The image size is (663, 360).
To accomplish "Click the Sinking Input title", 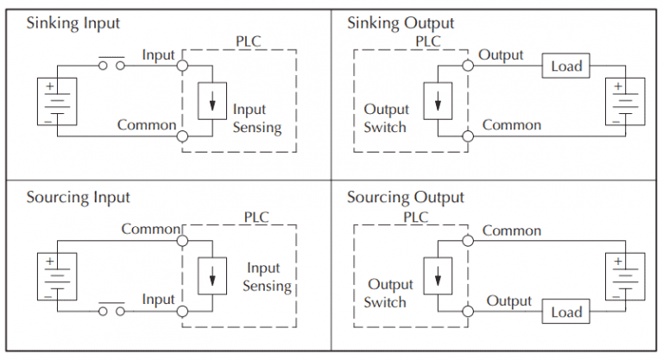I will click(x=73, y=23).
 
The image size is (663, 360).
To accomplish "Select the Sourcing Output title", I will click(x=405, y=199).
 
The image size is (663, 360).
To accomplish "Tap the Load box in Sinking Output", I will click(x=566, y=66).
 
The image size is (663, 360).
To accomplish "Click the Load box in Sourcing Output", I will click(x=566, y=312).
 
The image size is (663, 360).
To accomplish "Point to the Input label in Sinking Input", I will click(x=158, y=55).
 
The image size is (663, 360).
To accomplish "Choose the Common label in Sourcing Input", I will click(x=150, y=230).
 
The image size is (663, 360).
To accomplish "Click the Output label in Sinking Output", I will click(x=501, y=55).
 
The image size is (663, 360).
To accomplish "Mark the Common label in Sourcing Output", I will click(x=512, y=231).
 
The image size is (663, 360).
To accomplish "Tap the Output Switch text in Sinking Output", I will click(x=385, y=118).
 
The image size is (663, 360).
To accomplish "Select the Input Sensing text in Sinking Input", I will click(x=256, y=119).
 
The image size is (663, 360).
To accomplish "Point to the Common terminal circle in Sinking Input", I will click(x=182, y=136).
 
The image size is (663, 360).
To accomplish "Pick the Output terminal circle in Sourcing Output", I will click(x=468, y=311).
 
